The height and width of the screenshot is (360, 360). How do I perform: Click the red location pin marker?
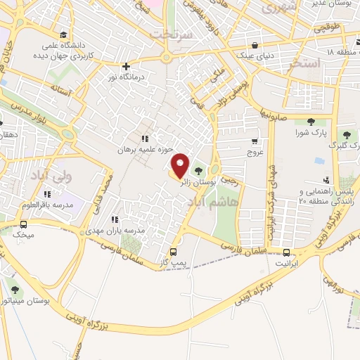pos(180,165)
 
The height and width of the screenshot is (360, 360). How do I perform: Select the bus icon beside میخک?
pos(25,224)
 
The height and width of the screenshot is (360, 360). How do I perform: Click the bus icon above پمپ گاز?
pos(174,251)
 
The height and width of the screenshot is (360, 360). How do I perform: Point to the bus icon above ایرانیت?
pos(286,252)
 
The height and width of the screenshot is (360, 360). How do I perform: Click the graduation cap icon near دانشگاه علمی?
pos(64,34)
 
